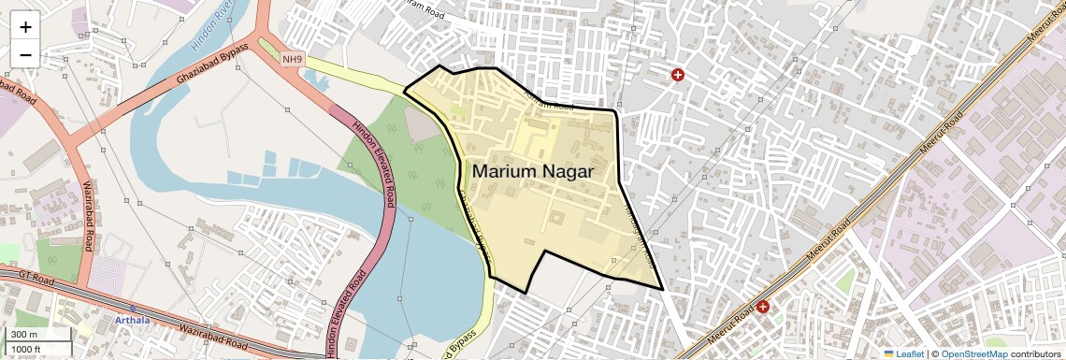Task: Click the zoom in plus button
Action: click(25, 27)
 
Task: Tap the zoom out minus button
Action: click(25, 55)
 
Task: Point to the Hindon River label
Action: click(210, 31)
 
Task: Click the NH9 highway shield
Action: click(293, 60)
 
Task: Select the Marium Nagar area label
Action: click(533, 172)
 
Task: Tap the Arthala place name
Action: click(132, 320)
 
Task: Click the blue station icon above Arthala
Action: click(133, 308)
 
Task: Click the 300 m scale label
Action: click(24, 335)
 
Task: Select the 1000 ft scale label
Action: click(28, 349)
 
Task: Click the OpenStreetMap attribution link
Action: click(974, 353)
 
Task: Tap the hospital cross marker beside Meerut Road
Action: click(763, 307)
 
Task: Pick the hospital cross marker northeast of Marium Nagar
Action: click(678, 75)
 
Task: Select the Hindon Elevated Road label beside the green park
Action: click(371, 165)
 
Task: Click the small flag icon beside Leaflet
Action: click(889, 353)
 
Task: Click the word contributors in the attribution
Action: click(1035, 353)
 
